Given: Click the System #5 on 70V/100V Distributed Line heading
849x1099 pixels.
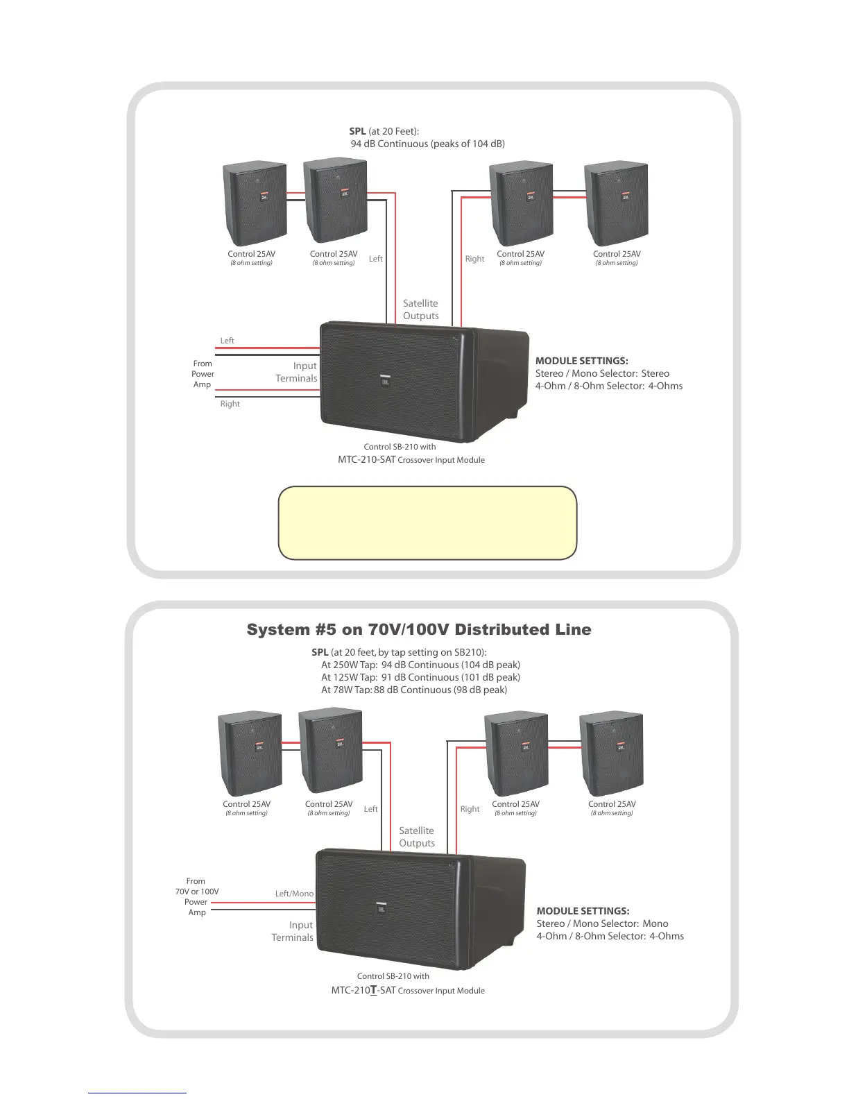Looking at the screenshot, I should click(419, 629).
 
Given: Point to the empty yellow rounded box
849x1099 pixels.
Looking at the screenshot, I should click(427, 522).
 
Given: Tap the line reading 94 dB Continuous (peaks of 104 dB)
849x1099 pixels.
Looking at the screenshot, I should click(427, 144).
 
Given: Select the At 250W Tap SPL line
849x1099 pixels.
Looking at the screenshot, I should click(420, 665).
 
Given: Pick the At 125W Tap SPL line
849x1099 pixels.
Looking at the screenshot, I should click(420, 677).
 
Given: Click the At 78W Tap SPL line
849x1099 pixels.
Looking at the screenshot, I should click(414, 690).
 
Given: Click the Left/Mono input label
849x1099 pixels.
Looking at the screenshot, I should click(294, 894).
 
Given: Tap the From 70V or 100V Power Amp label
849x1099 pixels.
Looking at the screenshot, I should click(197, 896).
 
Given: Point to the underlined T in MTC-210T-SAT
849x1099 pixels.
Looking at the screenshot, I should click(373, 990).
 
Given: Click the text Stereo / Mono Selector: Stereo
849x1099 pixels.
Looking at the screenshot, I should click(602, 373).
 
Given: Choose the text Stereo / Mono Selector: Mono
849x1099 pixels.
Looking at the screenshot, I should click(602, 923).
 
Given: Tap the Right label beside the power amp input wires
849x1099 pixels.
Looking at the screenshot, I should click(230, 404).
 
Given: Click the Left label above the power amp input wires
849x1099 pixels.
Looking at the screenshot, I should click(227, 341).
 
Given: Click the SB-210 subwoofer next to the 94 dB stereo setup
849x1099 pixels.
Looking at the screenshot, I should click(423, 382).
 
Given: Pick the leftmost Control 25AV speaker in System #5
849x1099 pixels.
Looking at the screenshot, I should click(250, 754).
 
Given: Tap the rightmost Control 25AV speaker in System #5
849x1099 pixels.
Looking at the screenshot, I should click(611, 754).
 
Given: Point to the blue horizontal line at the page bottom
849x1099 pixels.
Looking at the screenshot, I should click(137, 1093).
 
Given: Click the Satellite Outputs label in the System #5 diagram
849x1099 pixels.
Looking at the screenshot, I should click(417, 837).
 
